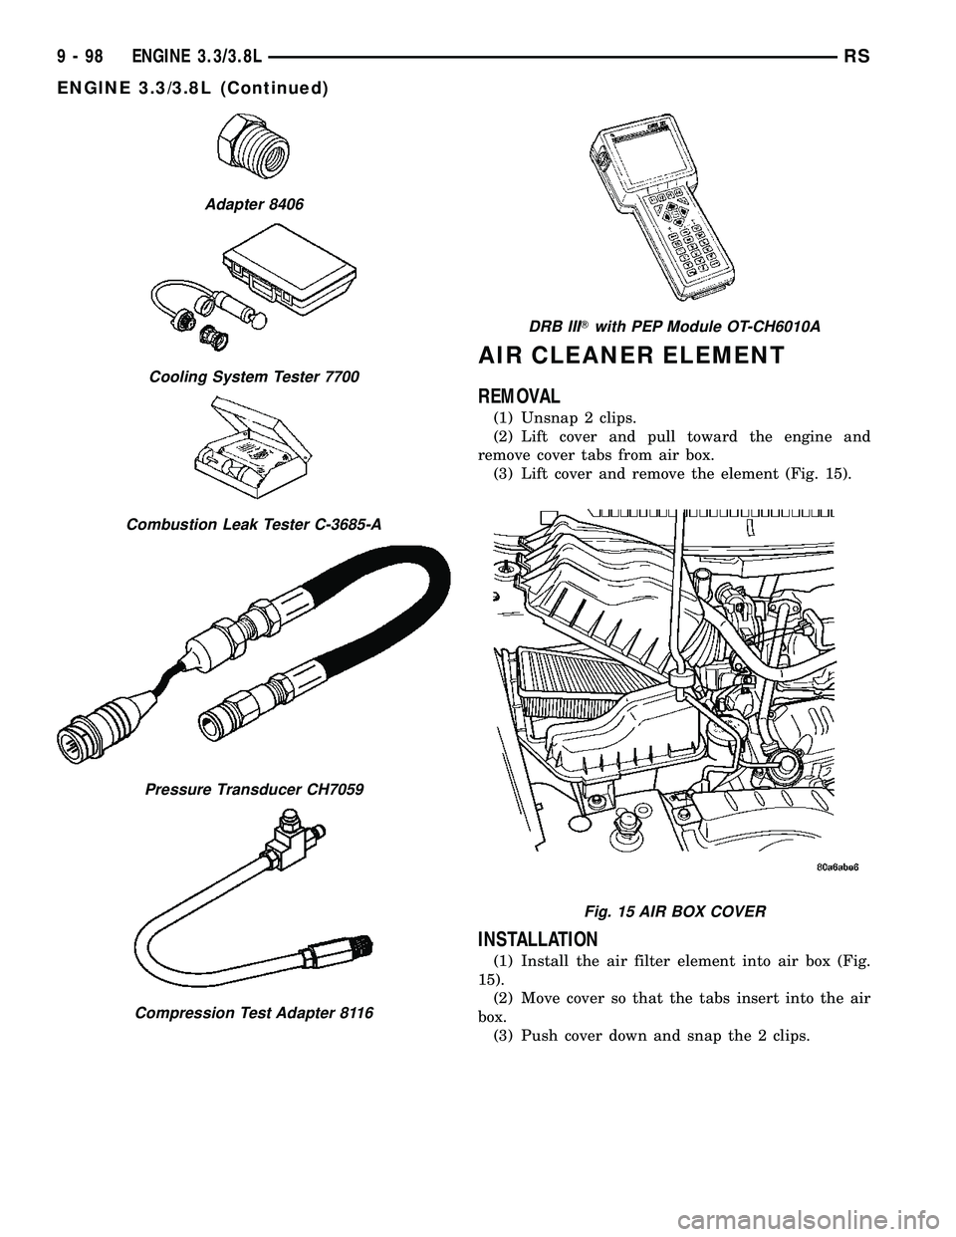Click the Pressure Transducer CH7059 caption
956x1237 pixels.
(255, 788)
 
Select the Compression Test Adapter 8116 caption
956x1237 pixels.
(254, 1012)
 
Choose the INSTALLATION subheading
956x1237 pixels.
(538, 938)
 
